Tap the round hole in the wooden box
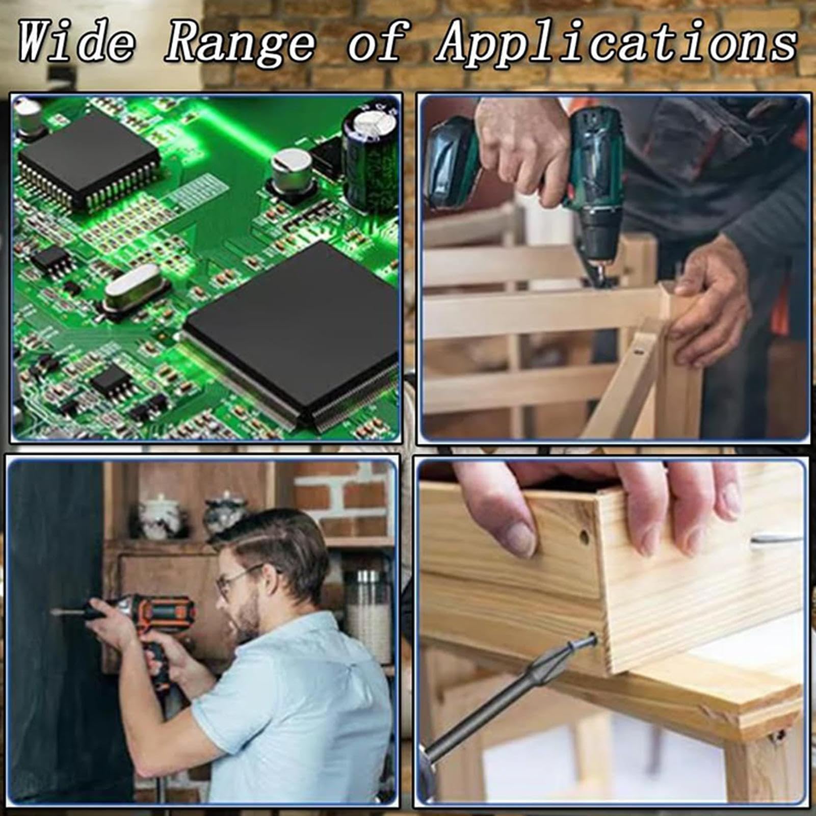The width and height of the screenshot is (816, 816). (584, 537)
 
